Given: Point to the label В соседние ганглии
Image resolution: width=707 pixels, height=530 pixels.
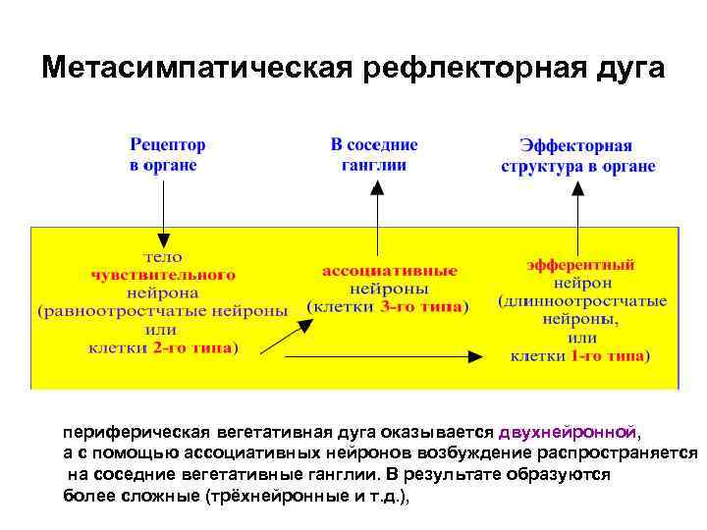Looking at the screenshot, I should click(x=373, y=155).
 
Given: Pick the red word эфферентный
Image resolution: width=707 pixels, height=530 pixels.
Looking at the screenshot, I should click(x=581, y=265).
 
